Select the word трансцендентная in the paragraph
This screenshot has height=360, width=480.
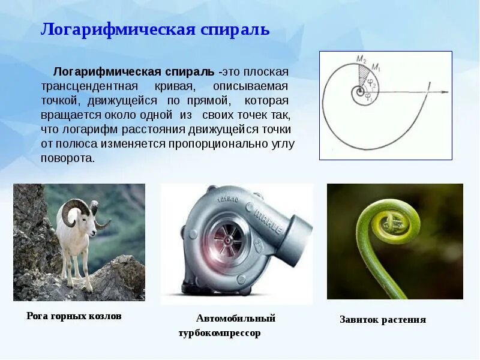(x=89, y=86)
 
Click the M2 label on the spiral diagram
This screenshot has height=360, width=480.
(x=361, y=59)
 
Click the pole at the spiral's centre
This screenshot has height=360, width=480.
(x=359, y=92)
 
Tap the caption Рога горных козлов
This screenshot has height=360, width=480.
(x=74, y=316)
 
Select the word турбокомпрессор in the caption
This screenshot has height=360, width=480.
(x=220, y=333)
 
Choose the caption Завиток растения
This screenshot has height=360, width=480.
(x=383, y=320)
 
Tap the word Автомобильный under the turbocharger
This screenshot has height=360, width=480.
(x=236, y=318)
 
